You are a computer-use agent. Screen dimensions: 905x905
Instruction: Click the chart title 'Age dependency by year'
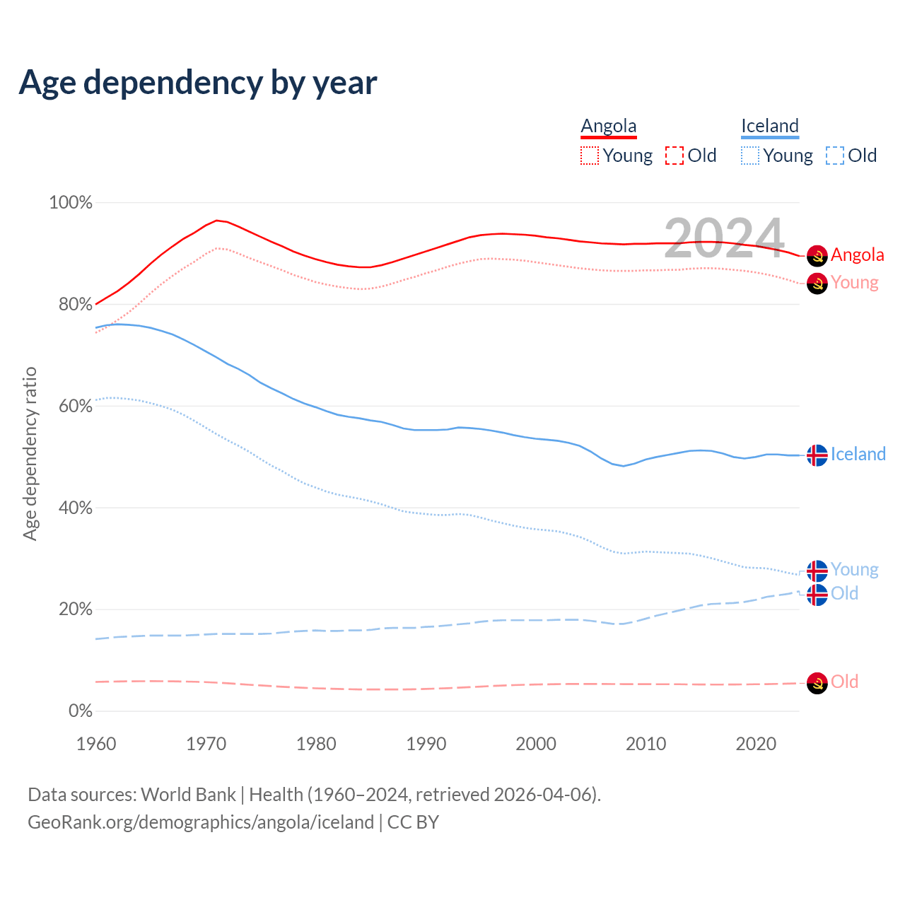198,83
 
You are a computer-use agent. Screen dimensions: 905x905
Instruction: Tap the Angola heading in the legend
609,126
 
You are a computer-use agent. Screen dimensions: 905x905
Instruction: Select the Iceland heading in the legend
770,126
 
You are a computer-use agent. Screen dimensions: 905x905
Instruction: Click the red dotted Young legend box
590,156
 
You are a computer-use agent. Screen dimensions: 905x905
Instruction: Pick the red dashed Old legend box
675,156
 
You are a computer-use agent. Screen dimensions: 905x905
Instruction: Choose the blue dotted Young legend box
750,156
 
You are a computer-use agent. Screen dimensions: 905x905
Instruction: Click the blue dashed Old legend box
835,156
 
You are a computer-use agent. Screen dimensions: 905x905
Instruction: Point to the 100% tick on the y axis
71,203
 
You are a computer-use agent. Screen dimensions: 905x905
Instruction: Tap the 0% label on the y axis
81,711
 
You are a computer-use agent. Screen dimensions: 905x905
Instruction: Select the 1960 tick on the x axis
96,744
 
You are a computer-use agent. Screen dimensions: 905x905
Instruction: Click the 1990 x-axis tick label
426,744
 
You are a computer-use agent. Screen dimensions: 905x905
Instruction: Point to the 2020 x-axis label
756,744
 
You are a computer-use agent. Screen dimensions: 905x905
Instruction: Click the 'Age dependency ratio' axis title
30,453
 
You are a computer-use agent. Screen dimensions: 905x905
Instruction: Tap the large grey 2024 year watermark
724,238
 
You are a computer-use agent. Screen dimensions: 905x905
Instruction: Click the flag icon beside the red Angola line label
817,255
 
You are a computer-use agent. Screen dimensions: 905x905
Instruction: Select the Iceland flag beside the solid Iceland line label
817,455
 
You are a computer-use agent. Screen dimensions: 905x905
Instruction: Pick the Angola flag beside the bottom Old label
817,683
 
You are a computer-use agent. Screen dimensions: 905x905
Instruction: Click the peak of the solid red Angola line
216,221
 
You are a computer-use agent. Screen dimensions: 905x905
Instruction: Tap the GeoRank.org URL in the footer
201,822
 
